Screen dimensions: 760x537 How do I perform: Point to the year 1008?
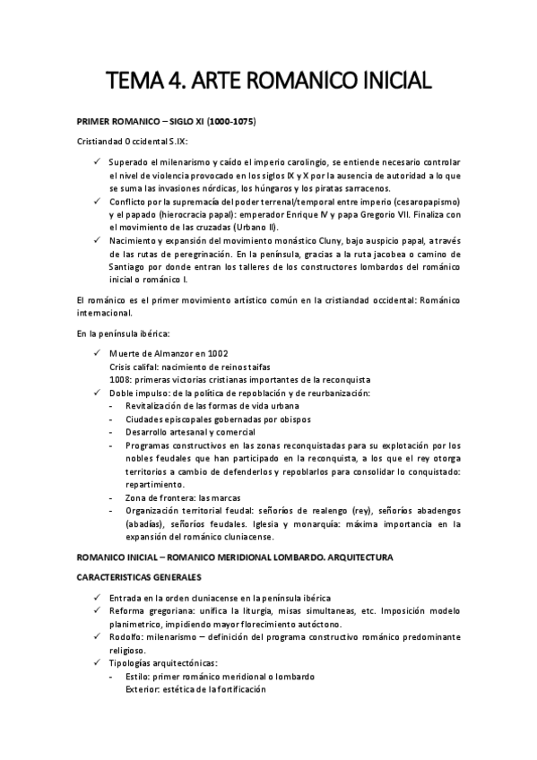tap(118, 380)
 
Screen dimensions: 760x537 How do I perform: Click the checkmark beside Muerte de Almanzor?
tap(96, 353)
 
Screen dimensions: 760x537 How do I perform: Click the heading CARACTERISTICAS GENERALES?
tap(138, 577)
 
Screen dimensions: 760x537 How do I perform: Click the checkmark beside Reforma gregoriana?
tap(96, 610)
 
